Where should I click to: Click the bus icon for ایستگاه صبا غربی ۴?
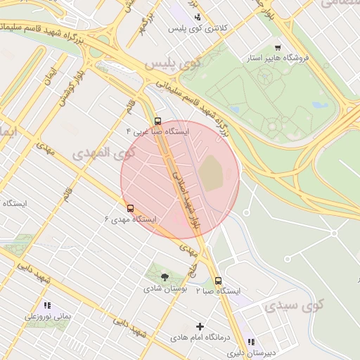(x=157, y=120)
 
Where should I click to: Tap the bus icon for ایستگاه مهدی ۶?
(x=130, y=208)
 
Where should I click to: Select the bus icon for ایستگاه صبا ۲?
(x=218, y=281)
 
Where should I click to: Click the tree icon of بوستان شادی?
(x=165, y=277)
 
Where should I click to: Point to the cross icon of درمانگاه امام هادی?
(x=200, y=326)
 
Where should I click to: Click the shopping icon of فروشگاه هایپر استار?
(x=278, y=48)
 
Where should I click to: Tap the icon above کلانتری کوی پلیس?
(x=198, y=17)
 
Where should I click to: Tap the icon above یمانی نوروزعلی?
(x=47, y=305)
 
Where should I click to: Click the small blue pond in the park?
(x=320, y=105)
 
